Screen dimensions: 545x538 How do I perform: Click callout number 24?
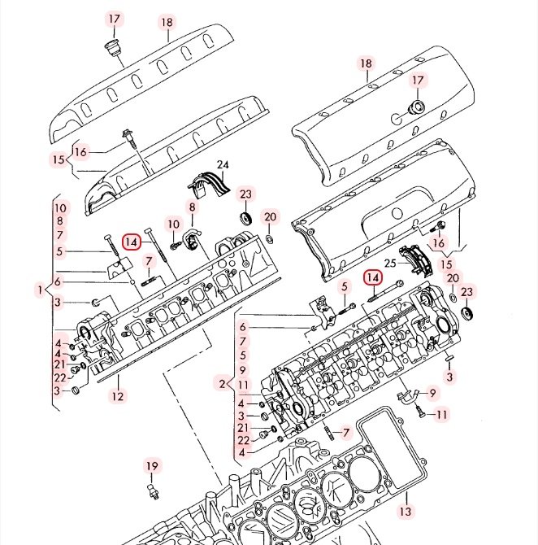coord(223,167)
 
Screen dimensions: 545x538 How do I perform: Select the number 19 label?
coord(152,466)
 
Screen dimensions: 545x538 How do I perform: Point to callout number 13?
coord(405,512)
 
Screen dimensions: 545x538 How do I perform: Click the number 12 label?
coord(119,397)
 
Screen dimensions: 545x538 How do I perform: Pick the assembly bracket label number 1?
coord(39,290)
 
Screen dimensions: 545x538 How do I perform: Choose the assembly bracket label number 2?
coord(221,383)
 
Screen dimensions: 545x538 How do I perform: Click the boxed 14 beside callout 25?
coord(373,278)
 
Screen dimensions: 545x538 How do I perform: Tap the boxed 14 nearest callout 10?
coord(132,241)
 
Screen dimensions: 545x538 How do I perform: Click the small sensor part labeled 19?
coord(152,492)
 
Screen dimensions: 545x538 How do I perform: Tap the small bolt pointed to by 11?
coord(421,413)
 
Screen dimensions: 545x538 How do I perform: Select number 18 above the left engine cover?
coord(167,23)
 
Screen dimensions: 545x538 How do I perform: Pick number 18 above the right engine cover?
coord(366,63)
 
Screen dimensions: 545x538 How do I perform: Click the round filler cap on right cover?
coord(414,110)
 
